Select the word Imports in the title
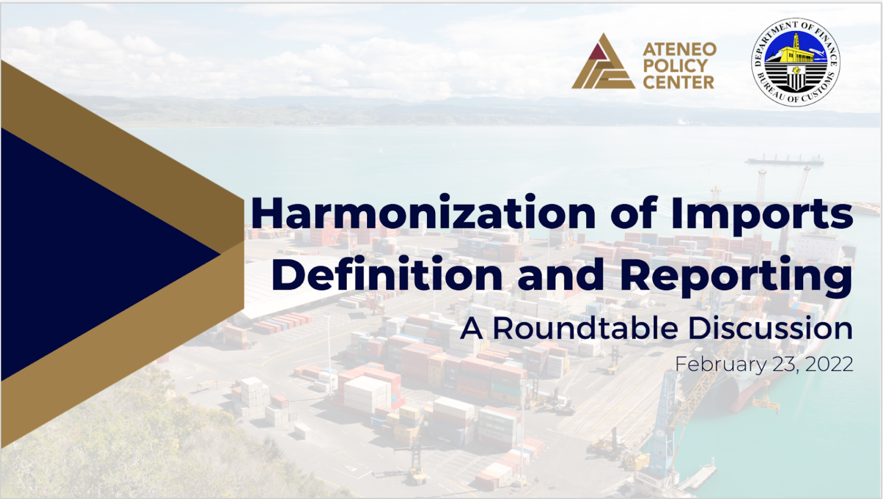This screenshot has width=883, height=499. point(761,214)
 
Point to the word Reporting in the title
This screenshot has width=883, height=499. point(736,276)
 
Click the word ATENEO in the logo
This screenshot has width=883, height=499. point(679,49)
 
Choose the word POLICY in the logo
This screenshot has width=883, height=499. point(675,66)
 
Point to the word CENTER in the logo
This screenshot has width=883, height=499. point(678,82)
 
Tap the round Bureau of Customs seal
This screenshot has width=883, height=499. point(795,62)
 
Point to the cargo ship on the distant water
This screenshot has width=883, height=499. point(785,159)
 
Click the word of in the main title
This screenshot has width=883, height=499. point(633,213)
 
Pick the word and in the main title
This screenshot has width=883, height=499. point(561,276)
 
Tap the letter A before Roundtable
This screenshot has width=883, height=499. point(472,329)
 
